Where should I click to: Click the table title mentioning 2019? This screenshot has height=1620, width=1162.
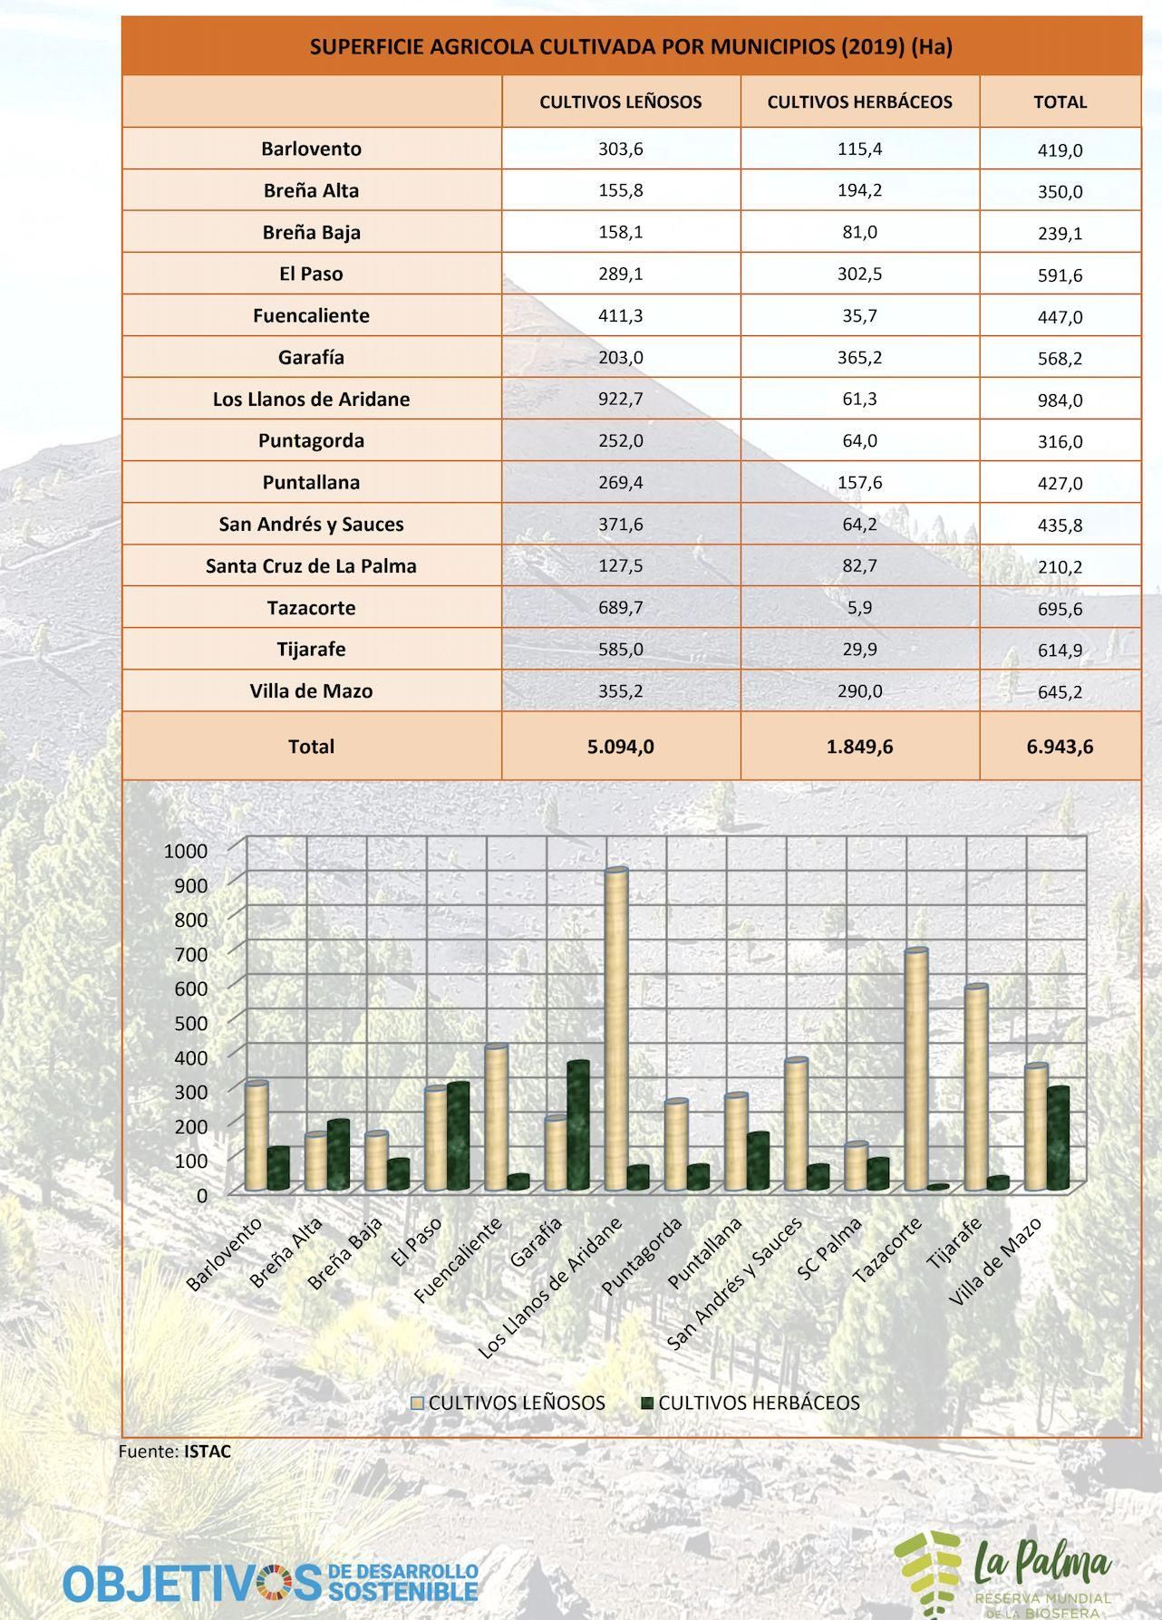631,47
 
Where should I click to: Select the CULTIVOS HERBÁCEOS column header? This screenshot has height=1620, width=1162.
859,102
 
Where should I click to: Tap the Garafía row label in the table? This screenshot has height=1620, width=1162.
311,358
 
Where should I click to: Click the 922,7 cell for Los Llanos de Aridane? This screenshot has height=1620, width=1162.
620,399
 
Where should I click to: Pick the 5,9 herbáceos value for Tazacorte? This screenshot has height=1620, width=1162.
859,607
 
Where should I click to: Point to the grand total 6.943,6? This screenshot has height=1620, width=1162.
1060,747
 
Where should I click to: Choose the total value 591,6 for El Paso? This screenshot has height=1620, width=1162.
1060,275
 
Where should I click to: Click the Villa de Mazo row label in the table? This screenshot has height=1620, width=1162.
311,691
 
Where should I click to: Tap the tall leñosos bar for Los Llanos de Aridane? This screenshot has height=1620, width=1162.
616,1024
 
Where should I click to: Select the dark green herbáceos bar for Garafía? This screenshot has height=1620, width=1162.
578,1123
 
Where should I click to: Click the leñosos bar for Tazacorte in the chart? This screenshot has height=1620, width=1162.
915,1069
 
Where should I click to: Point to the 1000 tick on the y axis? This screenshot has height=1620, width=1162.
186,851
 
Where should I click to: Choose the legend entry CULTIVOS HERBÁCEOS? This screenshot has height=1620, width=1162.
759,1403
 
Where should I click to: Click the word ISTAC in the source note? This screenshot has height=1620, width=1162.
208,1451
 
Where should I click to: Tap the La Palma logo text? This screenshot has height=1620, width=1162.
1042,1563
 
